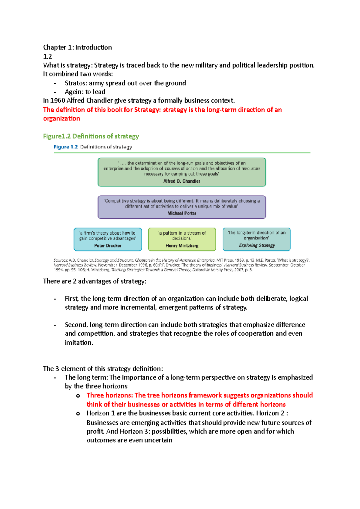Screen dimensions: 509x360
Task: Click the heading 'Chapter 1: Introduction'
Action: tap(77, 47)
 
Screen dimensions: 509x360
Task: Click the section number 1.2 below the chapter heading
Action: tap(47, 56)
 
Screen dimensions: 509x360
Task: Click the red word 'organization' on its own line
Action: tap(61, 118)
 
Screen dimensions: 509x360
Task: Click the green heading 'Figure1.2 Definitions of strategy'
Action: tap(91, 136)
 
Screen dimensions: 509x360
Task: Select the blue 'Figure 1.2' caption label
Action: tap(65, 147)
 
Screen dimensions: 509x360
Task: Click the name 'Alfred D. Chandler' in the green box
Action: tap(181, 181)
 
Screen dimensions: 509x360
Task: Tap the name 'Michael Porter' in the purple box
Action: tap(181, 213)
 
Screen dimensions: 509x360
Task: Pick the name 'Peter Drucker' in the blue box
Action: tap(108, 246)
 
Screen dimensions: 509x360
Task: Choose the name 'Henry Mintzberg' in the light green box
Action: tap(182, 246)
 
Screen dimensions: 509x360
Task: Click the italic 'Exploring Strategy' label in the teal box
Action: tap(257, 245)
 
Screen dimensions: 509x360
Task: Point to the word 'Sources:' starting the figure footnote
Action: tap(61, 260)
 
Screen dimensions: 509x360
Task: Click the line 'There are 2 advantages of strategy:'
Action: tap(94, 281)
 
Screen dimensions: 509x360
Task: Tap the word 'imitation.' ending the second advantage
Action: tap(79, 342)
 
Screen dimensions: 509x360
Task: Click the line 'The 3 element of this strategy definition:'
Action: tap(103, 368)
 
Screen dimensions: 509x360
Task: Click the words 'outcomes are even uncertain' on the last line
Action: tap(129, 440)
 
